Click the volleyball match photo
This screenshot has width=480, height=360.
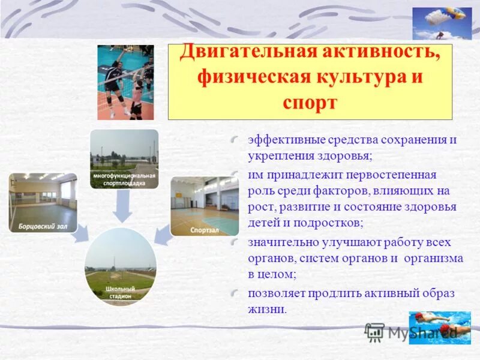pos(125,82)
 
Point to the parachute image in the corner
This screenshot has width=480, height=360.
pos(442,22)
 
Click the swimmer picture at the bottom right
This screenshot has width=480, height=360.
pos(440,328)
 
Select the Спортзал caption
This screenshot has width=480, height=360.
pos(205,230)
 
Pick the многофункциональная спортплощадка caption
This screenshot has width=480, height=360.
pos(124,179)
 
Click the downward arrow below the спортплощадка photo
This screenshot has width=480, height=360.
pos(123,208)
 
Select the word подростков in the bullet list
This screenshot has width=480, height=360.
pos(328,223)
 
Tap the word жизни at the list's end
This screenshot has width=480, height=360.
pos(266,311)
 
